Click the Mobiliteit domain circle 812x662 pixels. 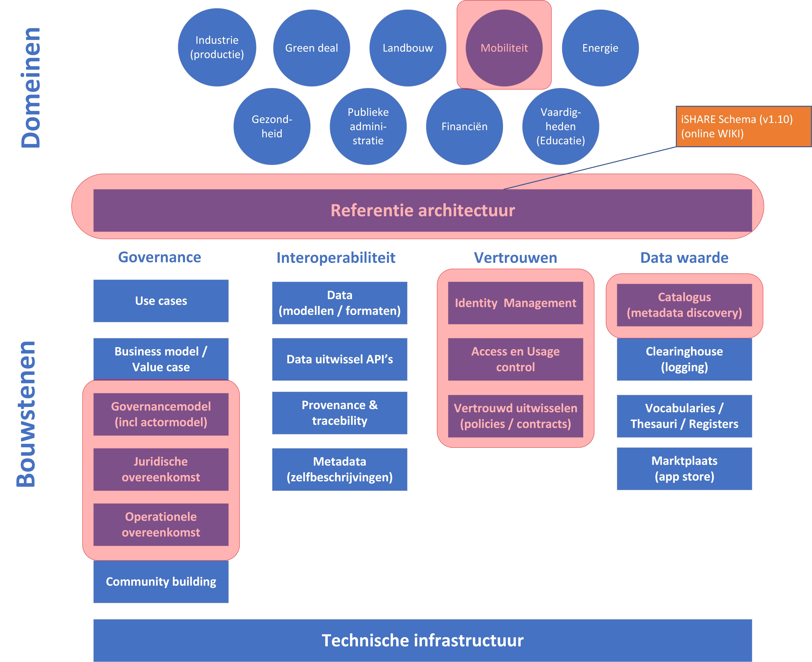[x=504, y=48]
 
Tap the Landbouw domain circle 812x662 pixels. [x=408, y=48]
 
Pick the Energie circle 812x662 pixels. [x=600, y=48]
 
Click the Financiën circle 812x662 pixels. [x=464, y=127]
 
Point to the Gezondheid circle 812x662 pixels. [x=272, y=127]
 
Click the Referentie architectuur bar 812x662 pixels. [x=423, y=210]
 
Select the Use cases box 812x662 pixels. [x=161, y=301]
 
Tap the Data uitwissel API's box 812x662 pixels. [x=340, y=359]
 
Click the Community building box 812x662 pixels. [x=161, y=582]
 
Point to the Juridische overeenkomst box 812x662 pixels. [x=161, y=469]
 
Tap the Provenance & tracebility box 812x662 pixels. [x=340, y=413]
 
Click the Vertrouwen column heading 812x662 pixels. [x=516, y=258]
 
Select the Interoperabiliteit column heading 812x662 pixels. [x=336, y=258]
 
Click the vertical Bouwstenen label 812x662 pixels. [x=26, y=414]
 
